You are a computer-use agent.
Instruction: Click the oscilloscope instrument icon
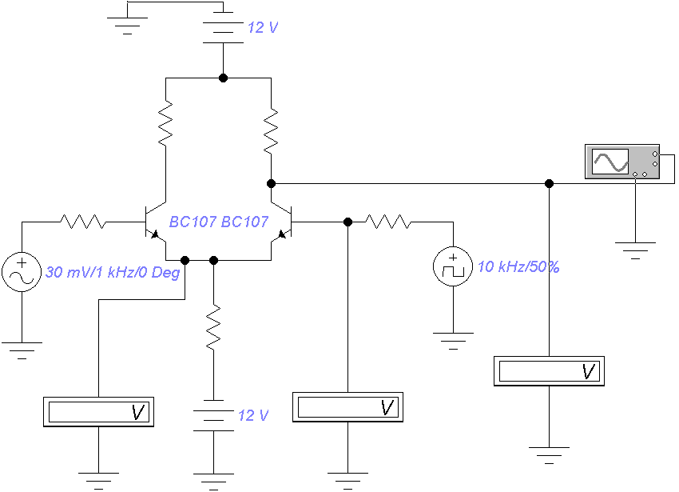[x=622, y=162]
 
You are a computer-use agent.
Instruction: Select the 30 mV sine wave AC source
[x=22, y=272]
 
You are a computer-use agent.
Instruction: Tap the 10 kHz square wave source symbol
[x=453, y=266]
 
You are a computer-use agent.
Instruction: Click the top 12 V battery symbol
[x=223, y=27]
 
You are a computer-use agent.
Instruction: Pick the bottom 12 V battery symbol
[x=213, y=415]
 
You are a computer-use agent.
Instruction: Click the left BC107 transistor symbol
[x=156, y=222]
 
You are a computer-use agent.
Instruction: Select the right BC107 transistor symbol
[x=281, y=222]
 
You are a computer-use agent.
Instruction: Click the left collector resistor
[x=165, y=123]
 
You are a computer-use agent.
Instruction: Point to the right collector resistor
[x=271, y=130]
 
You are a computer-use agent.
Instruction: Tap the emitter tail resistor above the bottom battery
[x=213, y=326]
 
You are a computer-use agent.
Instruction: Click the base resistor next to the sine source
[x=83, y=222]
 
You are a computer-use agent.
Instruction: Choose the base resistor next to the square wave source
[x=388, y=222]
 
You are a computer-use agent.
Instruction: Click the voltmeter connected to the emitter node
[x=99, y=412]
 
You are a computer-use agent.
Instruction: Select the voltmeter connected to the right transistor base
[x=347, y=407]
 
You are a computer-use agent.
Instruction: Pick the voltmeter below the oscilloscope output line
[x=549, y=371]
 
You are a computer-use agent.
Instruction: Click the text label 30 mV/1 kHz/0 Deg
[x=113, y=273]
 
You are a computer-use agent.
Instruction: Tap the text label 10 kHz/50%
[x=518, y=266]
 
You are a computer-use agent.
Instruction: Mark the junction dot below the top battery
[x=223, y=78]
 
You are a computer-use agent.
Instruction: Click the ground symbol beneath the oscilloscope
[x=635, y=250]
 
